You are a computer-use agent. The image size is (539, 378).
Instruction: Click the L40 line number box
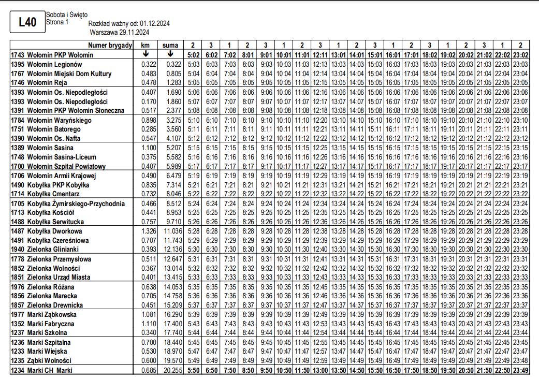(x=27, y=22)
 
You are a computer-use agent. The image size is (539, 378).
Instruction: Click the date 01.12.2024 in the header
(x=154, y=24)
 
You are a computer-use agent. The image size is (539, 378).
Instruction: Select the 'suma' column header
(x=170, y=45)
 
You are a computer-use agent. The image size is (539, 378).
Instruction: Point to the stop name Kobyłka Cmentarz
(x=56, y=194)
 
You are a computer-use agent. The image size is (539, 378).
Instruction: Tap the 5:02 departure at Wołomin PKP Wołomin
(x=193, y=54)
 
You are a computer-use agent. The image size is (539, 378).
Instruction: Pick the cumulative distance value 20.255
(x=170, y=370)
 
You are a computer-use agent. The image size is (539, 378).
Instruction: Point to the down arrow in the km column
(x=145, y=54)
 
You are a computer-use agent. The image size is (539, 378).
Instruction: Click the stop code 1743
(x=18, y=54)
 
